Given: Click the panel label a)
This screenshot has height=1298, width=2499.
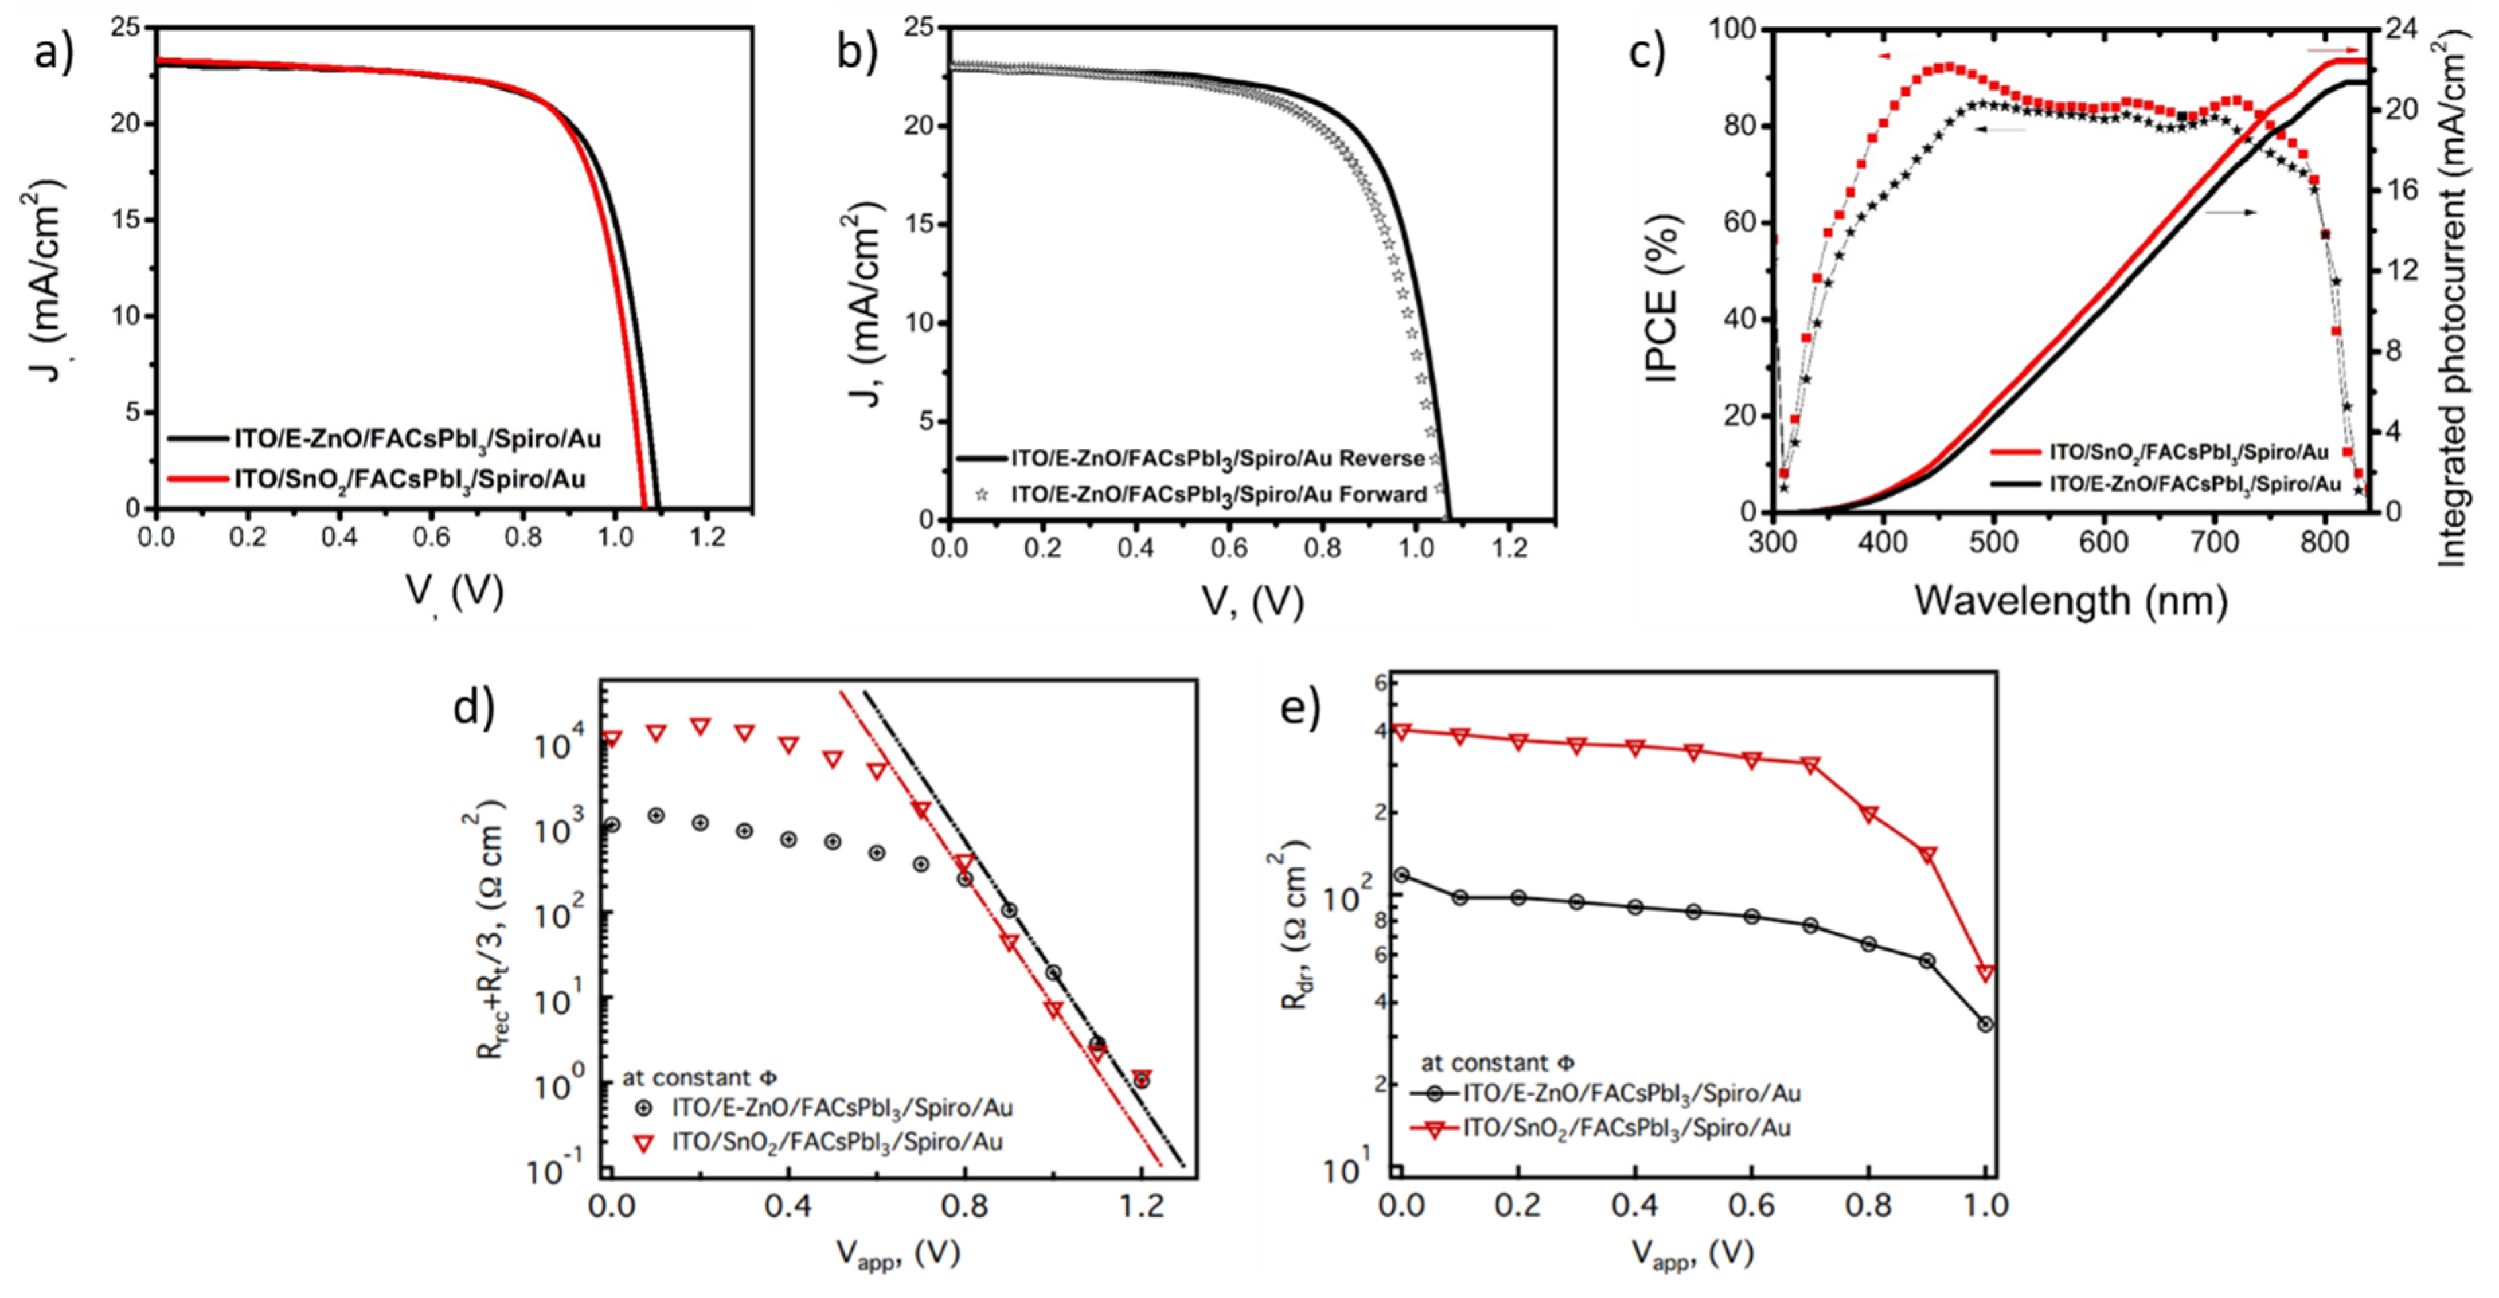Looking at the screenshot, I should [x=53, y=52].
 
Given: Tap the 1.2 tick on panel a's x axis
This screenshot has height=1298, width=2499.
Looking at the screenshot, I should [x=707, y=537].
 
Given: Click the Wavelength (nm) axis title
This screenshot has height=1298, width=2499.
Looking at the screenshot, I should [x=2070, y=601].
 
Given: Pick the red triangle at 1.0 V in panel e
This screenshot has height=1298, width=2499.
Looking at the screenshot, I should [x=1985, y=973].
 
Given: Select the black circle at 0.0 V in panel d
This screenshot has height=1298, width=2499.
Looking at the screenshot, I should [x=611, y=824].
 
